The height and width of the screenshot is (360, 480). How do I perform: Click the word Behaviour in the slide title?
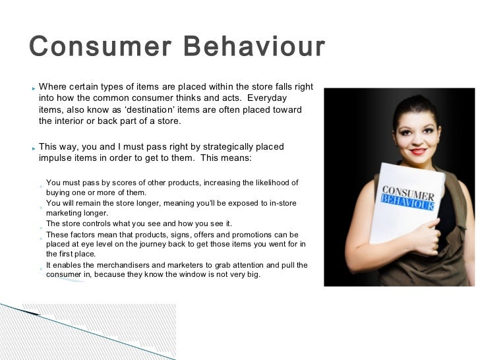[255, 47]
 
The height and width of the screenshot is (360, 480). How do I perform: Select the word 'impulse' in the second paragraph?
[55, 158]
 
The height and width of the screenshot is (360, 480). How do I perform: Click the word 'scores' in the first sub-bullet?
[121, 183]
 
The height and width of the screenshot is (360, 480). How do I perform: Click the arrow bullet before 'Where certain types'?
[32, 87]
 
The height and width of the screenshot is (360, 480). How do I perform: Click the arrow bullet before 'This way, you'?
[32, 148]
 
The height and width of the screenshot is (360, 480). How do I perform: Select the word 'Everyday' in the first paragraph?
[282, 98]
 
